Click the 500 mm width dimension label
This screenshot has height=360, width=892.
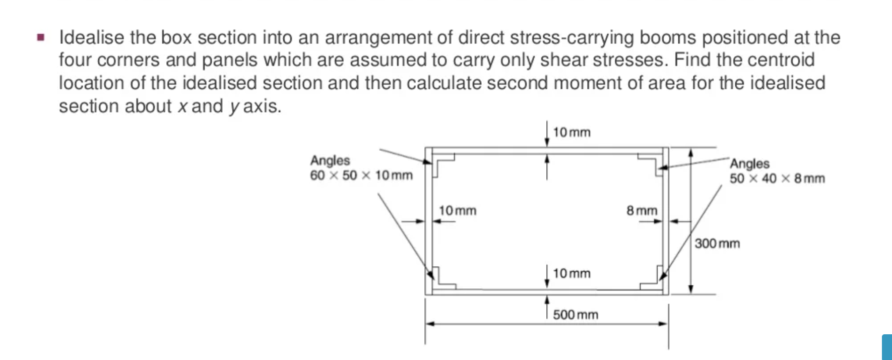tap(576, 315)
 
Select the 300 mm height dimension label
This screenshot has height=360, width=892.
tap(717, 244)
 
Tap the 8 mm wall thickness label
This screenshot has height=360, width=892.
tap(642, 210)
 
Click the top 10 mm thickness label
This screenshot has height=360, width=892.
tap(571, 132)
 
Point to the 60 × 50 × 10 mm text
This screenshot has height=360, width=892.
tap(361, 175)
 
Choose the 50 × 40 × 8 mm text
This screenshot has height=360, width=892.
tap(777, 178)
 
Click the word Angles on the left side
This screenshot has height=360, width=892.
tap(330, 160)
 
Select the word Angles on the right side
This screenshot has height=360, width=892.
tap(749, 163)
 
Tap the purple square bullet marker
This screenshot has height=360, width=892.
tap(41, 37)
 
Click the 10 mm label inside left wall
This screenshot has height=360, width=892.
tap(458, 210)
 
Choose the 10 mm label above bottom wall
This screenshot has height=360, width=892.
tap(571, 273)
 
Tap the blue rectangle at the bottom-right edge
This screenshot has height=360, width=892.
tap(887, 347)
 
